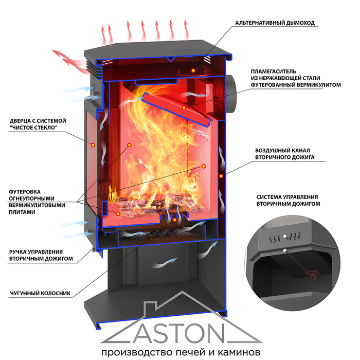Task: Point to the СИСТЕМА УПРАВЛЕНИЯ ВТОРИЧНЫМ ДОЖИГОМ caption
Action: (x=287, y=200)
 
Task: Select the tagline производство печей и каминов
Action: (x=179, y=353)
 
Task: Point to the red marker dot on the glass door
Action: (x=93, y=145)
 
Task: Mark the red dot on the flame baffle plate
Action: (x=184, y=107)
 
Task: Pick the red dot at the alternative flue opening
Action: (x=194, y=69)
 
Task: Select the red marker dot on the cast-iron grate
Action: (x=175, y=220)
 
